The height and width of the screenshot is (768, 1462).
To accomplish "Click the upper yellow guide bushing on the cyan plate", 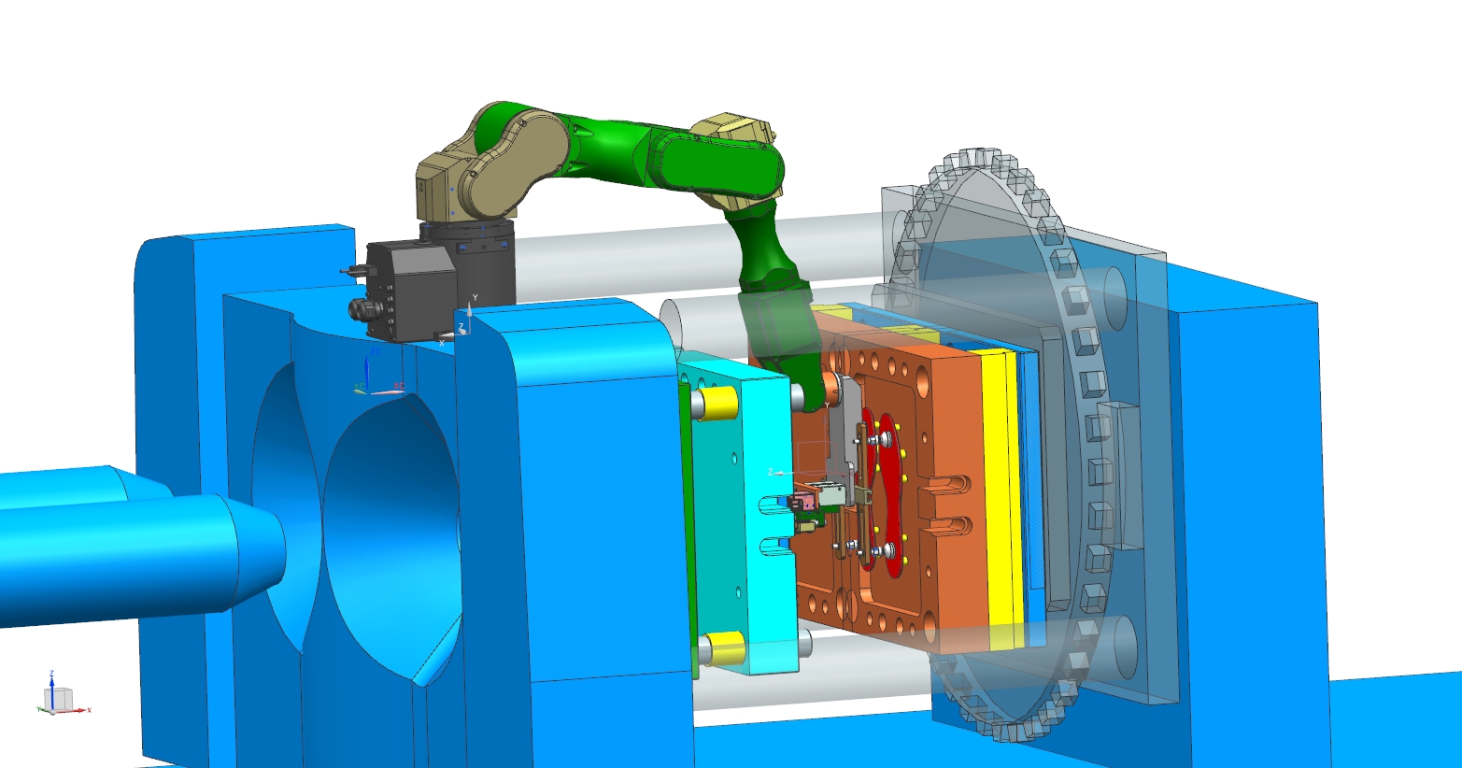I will [717, 403].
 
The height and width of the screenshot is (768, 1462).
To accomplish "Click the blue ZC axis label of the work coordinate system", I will [374, 352].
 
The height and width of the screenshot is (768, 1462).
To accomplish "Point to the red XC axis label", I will [398, 385].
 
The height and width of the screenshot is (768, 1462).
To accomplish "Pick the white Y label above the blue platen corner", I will [475, 298].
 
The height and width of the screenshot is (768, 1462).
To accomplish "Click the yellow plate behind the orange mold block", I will [1000, 495].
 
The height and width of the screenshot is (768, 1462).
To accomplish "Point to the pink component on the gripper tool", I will [799, 504].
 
